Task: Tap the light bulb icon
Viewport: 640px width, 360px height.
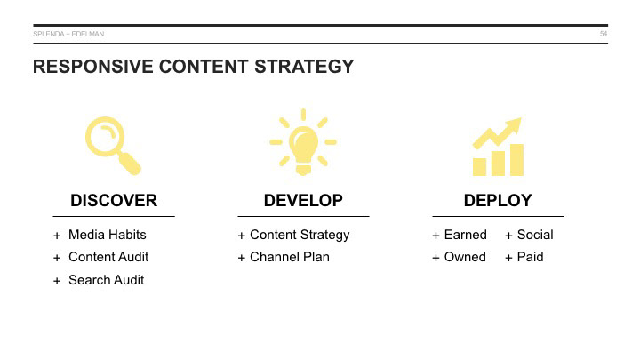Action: [x=303, y=141]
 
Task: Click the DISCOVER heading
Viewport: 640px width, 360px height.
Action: [x=114, y=200]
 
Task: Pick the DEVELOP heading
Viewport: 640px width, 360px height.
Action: [x=303, y=200]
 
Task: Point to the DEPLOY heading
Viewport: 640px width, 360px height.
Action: [x=498, y=200]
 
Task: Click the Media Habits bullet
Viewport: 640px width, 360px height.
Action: [x=107, y=235]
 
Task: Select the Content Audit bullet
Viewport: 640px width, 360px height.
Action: [x=108, y=257]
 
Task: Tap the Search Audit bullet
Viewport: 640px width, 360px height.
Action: [x=106, y=280]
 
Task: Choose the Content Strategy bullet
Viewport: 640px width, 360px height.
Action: [x=300, y=235]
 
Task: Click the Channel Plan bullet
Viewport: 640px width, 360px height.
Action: [x=289, y=257]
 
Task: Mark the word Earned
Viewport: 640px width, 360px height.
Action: [x=466, y=235]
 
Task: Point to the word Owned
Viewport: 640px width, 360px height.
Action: [x=465, y=257]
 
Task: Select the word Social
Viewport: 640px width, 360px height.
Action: [x=535, y=235]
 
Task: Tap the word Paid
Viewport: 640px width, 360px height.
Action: [x=530, y=257]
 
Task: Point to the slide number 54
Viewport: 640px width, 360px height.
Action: [x=604, y=34]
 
